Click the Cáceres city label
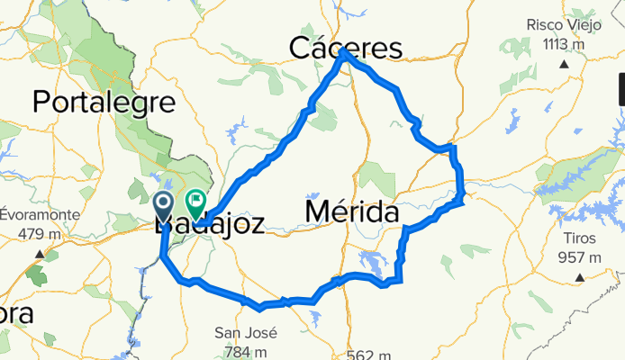click(x=345, y=47)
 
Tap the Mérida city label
click(x=352, y=212)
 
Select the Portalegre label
click(x=104, y=102)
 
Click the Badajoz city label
click(x=210, y=224)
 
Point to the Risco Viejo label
click(x=563, y=26)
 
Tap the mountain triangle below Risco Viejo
click(x=563, y=63)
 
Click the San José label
click(x=245, y=332)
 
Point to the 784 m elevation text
click(x=245, y=350)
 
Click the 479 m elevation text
click(x=39, y=234)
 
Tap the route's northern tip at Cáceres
click(x=345, y=53)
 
